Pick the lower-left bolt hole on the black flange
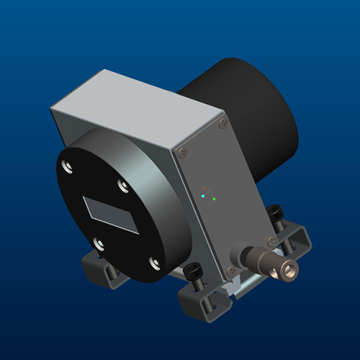click(98, 244)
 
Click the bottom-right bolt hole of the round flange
click(154, 262)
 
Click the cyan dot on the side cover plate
click(204, 196)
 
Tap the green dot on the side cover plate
click(215, 199)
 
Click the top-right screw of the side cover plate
click(222, 125)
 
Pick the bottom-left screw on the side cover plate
click(230, 271)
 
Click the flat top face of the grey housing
click(137, 108)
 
